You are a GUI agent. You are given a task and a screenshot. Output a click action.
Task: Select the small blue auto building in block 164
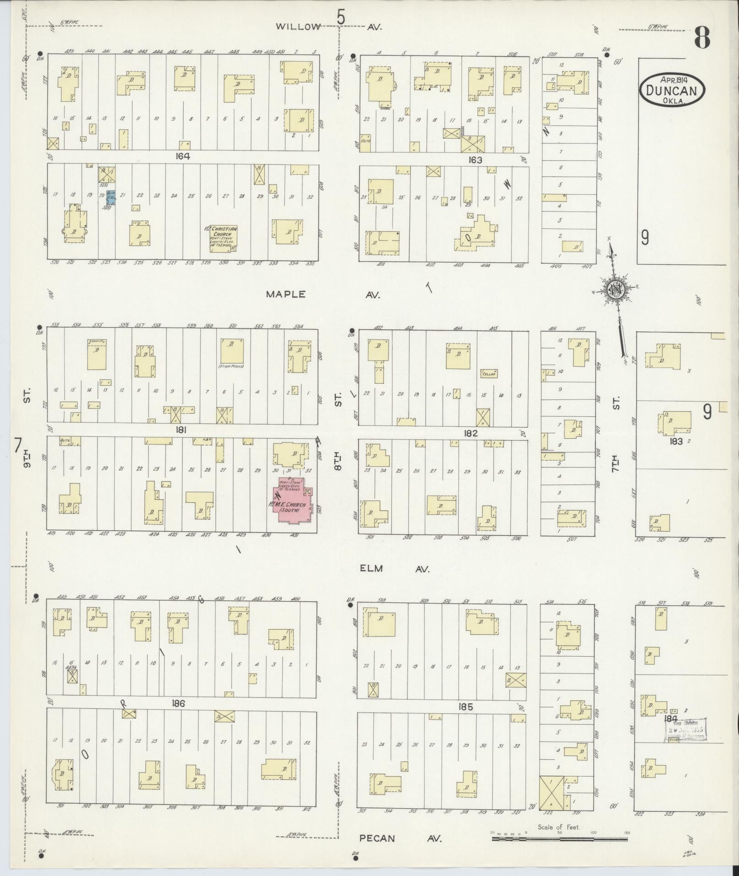click(110, 198)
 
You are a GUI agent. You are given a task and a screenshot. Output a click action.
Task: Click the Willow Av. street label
click(328, 27)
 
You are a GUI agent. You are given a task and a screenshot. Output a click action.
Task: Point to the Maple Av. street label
click(323, 295)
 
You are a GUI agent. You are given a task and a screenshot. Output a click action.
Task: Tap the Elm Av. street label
click(394, 569)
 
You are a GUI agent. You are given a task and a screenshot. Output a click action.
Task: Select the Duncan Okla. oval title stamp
click(672, 90)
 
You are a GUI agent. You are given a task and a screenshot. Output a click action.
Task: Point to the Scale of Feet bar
click(559, 839)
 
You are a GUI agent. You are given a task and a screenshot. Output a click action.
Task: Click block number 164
click(182, 156)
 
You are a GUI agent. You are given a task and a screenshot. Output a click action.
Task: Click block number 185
click(465, 707)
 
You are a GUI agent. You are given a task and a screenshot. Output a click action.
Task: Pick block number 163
click(476, 160)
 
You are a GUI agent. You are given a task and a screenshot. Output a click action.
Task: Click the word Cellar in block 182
click(489, 374)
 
